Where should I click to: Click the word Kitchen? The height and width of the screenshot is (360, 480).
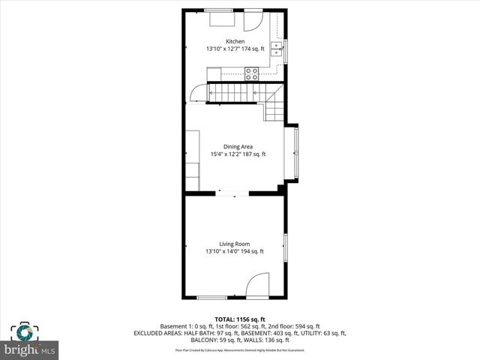point(235,41)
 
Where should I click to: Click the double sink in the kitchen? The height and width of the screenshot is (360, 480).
point(277,49)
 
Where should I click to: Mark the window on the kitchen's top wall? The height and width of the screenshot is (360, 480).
point(219,10)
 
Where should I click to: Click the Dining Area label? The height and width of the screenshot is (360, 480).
point(238,146)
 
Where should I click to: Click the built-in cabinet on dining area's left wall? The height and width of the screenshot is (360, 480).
point(193,160)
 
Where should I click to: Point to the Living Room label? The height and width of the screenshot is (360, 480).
point(235,244)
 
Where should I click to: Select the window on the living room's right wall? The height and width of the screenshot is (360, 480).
point(285,248)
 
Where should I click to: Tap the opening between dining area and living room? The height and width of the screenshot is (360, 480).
point(234,193)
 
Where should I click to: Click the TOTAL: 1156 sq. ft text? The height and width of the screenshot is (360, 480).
point(239,319)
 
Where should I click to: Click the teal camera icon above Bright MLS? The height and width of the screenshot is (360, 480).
point(24,332)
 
